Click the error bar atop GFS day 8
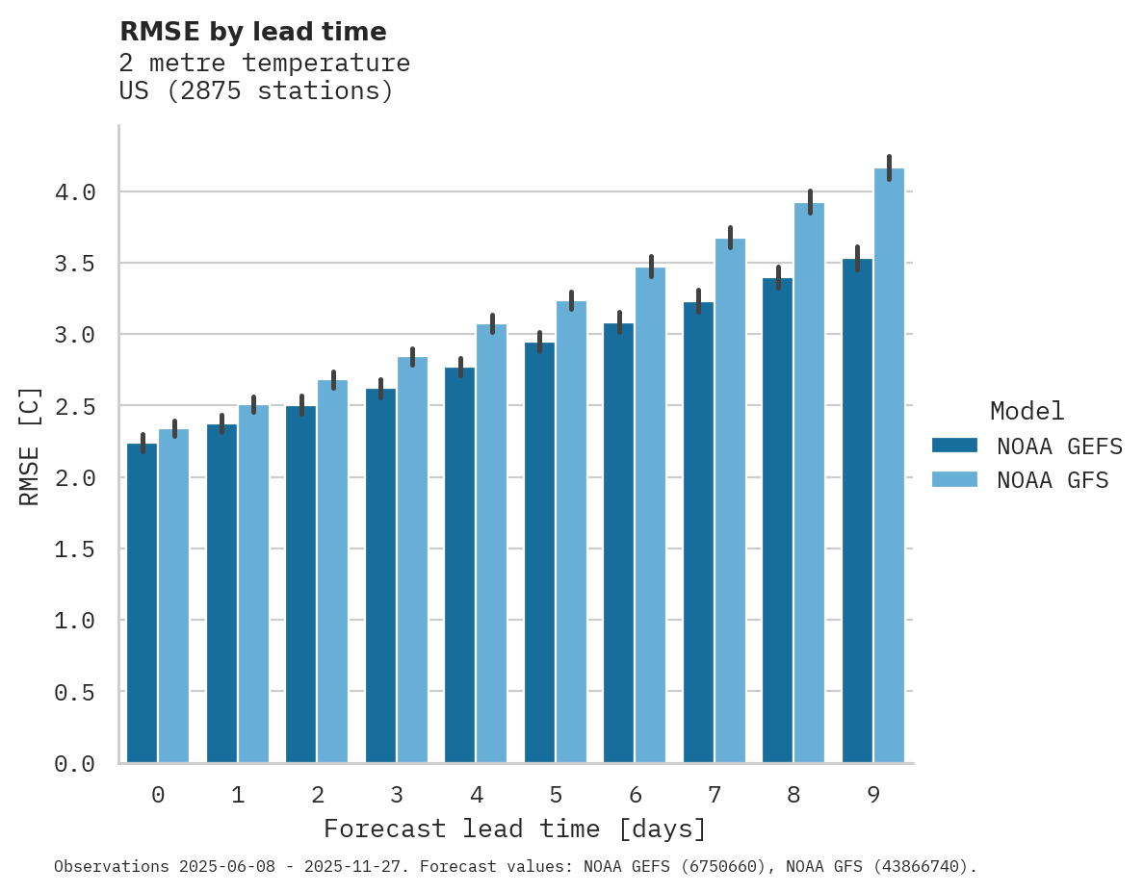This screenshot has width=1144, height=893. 810,202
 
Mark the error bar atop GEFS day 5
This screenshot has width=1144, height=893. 539,342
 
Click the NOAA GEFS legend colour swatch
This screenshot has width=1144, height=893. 954,446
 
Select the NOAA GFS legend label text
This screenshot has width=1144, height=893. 1053,480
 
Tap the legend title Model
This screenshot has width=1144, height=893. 1027,411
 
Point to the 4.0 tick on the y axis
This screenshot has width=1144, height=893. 75,192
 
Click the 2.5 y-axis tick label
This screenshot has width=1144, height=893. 75,407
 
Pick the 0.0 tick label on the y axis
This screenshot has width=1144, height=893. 75,764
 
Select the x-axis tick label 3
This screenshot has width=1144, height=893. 397,795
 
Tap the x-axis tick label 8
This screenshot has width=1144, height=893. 793,795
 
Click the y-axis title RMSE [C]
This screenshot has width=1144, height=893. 30,445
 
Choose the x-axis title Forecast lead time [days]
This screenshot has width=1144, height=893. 515,829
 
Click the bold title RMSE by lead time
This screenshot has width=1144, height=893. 253,32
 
